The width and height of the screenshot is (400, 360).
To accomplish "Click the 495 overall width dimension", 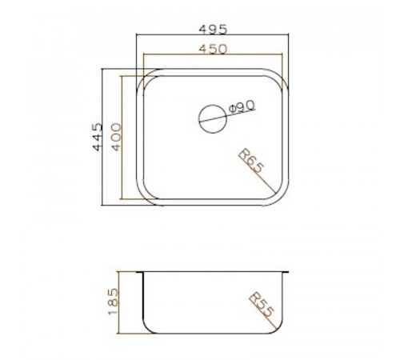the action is tap(213, 30).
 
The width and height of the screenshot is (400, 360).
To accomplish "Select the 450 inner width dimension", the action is tap(213, 49).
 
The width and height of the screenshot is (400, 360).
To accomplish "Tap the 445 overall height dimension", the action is tap(97, 137).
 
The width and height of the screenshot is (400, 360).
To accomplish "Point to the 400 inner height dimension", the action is tap(116, 137).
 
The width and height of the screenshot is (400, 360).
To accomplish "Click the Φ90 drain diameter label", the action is tap(242, 106).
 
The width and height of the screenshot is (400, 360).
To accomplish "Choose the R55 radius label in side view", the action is tap(262, 305).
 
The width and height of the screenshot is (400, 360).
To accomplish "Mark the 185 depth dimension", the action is tap(113, 302).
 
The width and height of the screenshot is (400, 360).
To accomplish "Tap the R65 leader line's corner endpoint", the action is tap(275, 193).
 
